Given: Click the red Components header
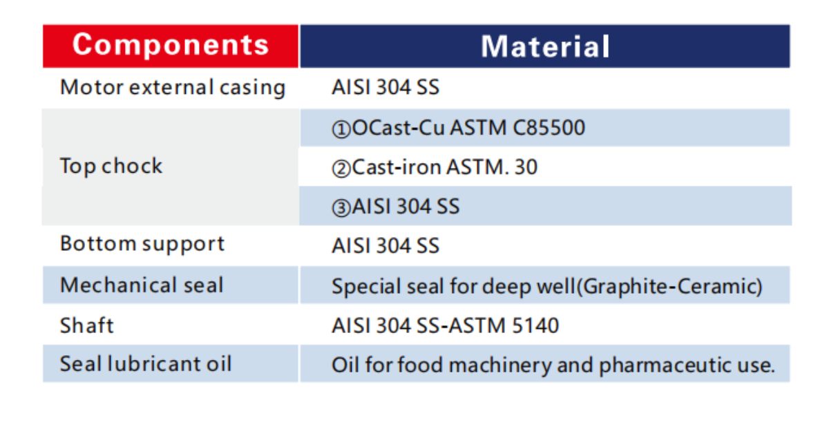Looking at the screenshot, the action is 171,46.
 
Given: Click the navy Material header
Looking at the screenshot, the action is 545,46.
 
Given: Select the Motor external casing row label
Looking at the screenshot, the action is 173,88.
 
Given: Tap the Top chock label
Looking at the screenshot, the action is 111,166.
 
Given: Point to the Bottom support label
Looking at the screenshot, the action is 142,244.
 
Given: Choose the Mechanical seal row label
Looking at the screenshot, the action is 142,285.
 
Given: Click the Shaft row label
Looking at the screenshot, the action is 86,325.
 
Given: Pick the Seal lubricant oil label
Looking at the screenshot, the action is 146,363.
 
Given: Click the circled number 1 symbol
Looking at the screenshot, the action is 341,129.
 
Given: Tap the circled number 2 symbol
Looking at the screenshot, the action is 341,169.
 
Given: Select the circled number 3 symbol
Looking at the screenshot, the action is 341,208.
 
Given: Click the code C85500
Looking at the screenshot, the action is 549,128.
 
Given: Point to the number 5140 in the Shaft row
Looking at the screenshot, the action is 535,325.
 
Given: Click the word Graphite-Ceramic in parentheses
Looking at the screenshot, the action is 669,286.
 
